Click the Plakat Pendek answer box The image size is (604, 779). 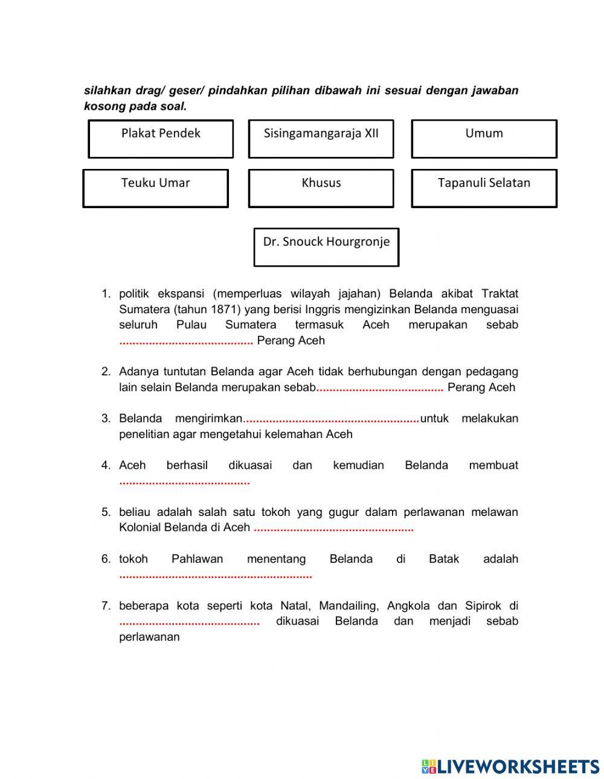(161, 139)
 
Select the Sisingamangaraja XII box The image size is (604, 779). (321, 139)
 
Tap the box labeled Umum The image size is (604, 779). (484, 139)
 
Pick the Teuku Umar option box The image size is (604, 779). (155, 188)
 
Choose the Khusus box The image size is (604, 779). (321, 188)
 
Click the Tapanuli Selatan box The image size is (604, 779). (484, 188)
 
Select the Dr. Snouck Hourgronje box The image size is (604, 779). (326, 247)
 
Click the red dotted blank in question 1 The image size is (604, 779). (186, 342)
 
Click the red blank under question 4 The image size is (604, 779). (184, 483)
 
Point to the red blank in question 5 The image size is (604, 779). (333, 530)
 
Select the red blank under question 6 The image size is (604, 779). (216, 577)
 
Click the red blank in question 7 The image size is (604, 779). (190, 623)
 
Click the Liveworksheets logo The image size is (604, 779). (510, 766)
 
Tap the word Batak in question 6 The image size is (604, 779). (444, 559)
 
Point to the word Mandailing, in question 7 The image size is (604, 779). (350, 606)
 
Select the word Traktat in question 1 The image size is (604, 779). (500, 294)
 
